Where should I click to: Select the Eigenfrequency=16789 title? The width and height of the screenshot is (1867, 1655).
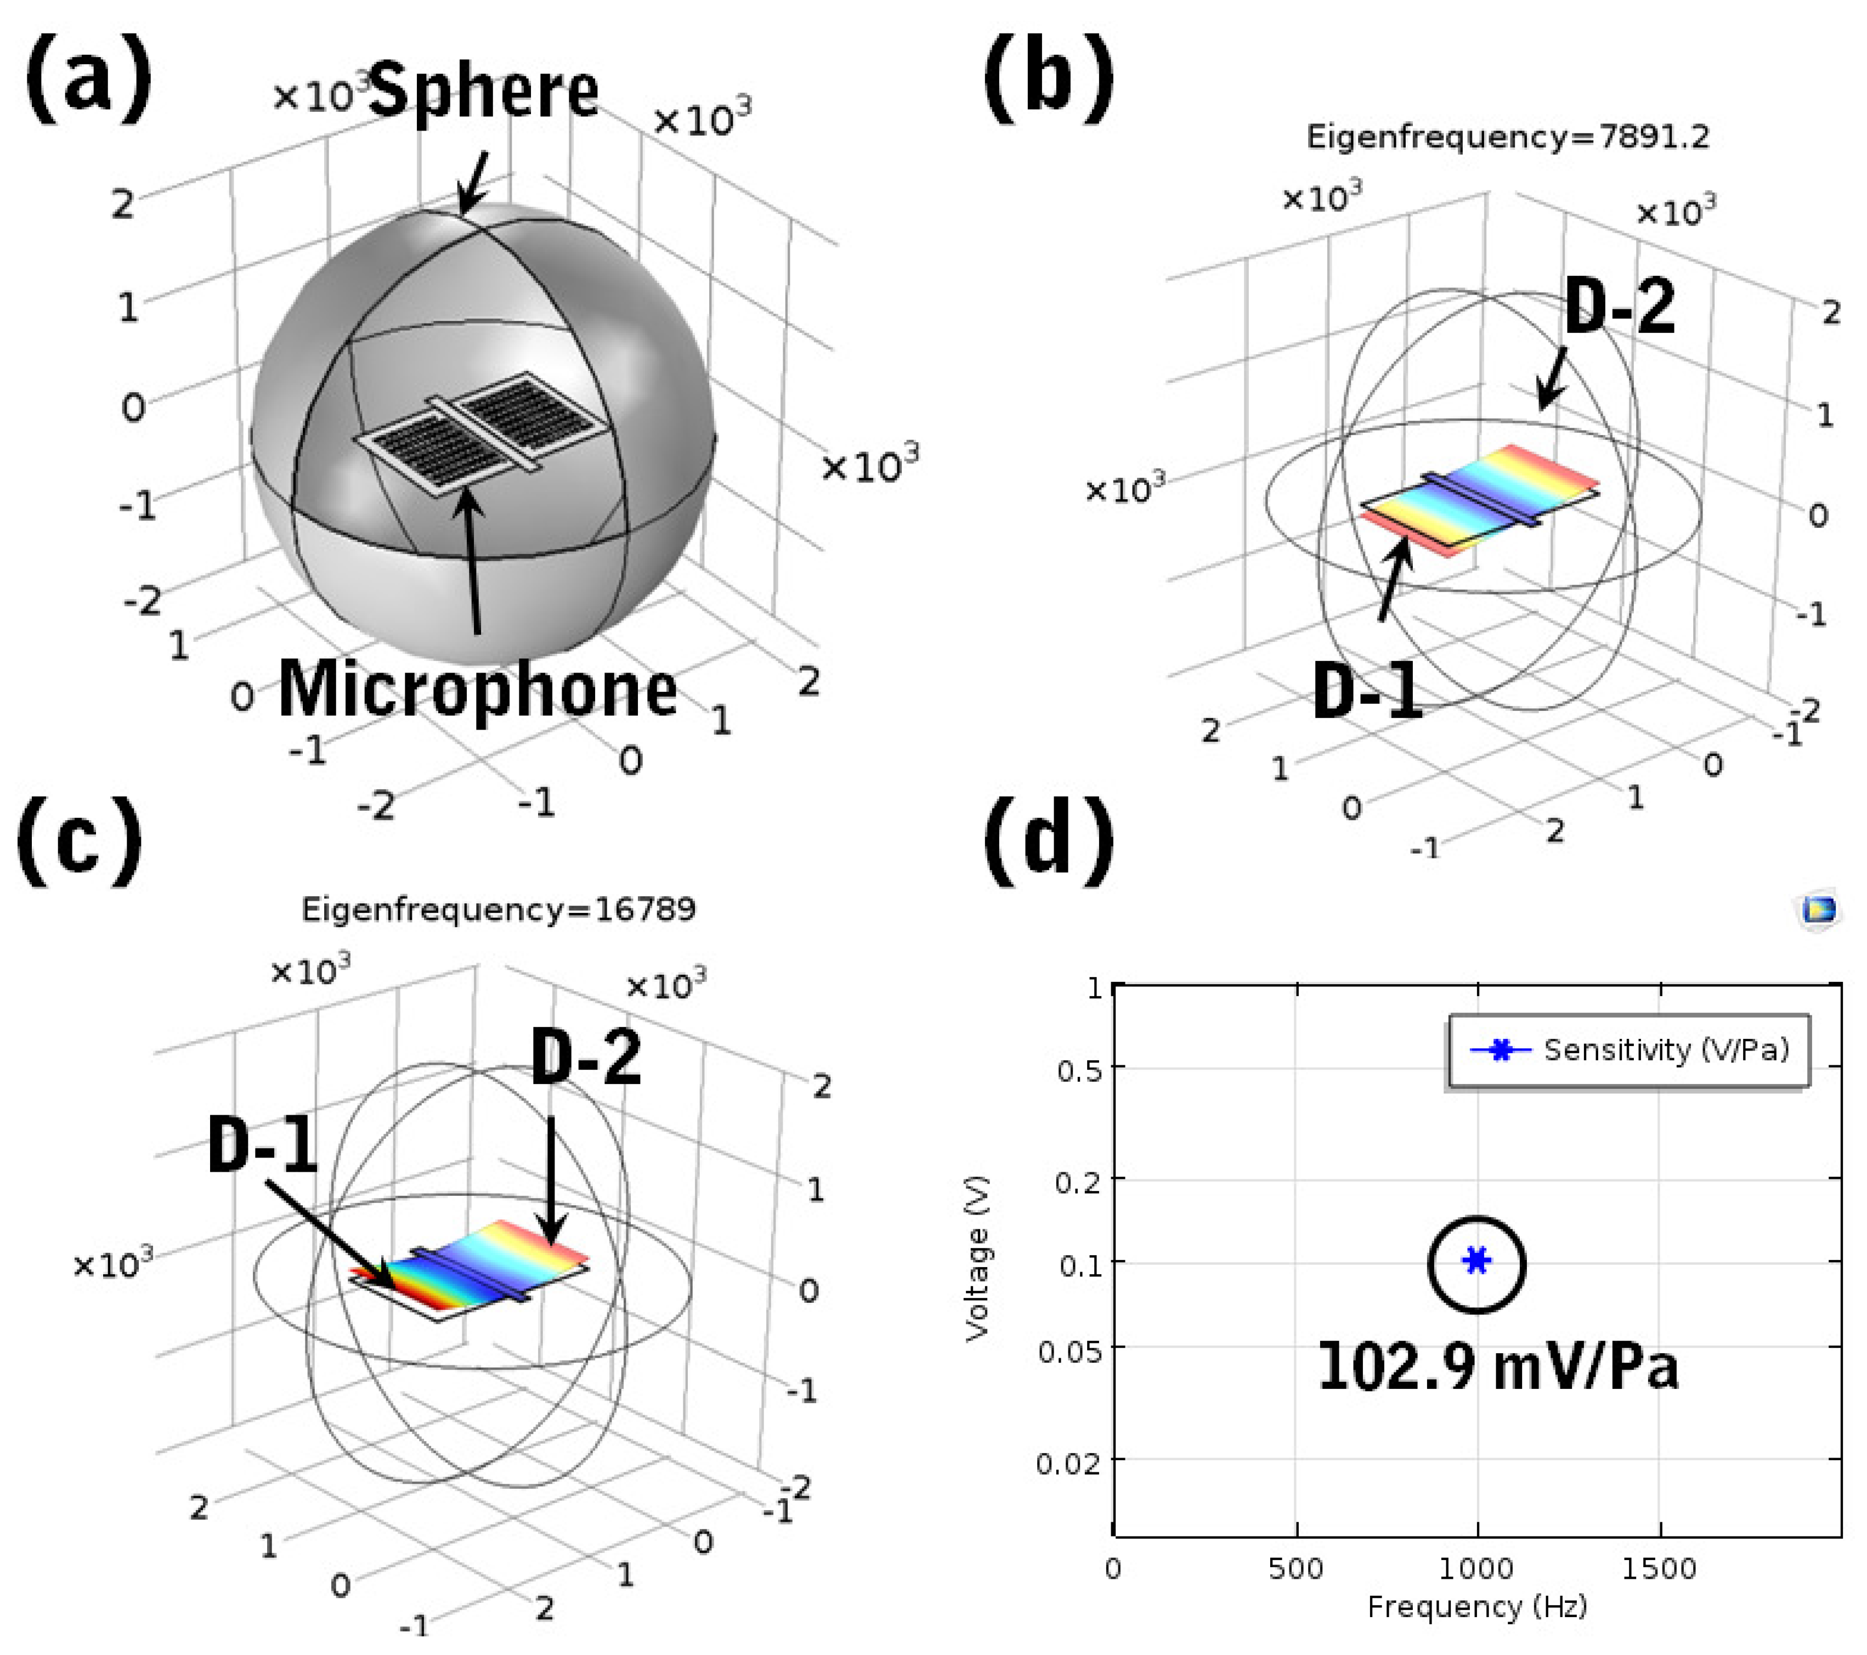[x=499, y=910]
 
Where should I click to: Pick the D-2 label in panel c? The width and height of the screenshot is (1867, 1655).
[x=585, y=1058]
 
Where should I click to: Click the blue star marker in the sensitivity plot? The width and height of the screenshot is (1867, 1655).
[x=1476, y=1261]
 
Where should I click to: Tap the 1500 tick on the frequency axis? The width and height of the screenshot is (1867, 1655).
[x=1658, y=1569]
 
